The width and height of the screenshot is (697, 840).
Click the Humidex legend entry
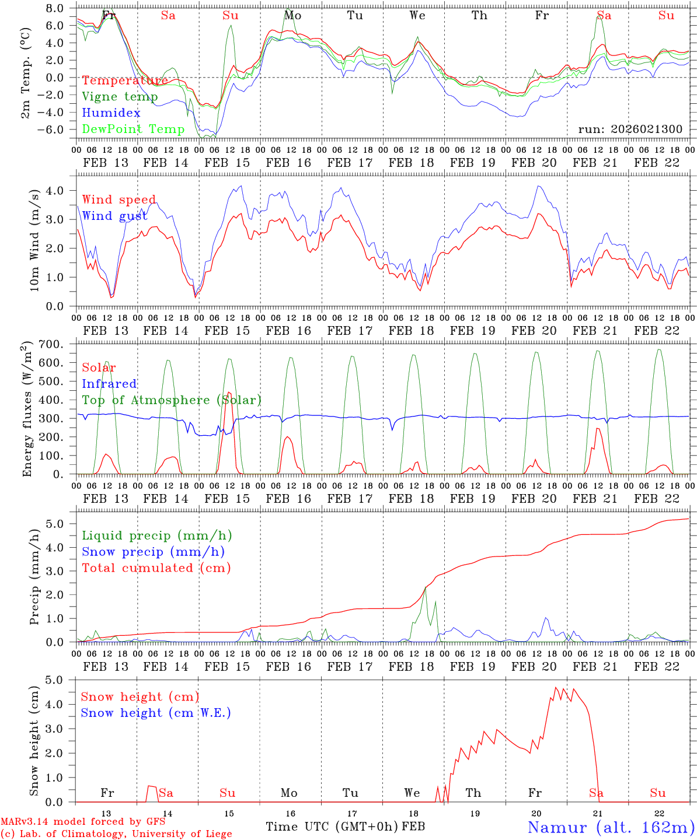tap(111, 113)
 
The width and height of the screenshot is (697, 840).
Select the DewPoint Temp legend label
tap(133, 129)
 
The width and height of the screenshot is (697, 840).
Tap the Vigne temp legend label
tap(120, 97)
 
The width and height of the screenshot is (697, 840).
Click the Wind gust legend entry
tap(114, 216)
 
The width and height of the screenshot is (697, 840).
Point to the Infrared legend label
tap(109, 384)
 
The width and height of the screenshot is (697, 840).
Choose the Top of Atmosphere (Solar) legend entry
tap(172, 400)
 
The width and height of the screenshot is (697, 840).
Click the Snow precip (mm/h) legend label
tap(153, 552)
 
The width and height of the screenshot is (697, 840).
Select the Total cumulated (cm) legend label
tap(156, 568)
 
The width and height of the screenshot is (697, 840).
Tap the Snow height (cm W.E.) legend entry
tap(155, 713)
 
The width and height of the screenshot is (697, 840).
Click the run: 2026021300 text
tap(630, 129)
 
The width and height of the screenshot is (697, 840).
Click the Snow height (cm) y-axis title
tap(34, 740)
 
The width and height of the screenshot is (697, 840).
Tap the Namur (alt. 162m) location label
tap(611, 827)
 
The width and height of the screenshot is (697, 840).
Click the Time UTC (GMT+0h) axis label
tap(332, 827)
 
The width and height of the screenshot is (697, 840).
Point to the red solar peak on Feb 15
tap(229, 393)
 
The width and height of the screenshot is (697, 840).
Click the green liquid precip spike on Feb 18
tap(426, 588)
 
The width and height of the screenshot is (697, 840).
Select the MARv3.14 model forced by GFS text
tap(83, 822)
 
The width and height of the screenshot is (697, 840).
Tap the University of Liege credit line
tap(116, 834)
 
